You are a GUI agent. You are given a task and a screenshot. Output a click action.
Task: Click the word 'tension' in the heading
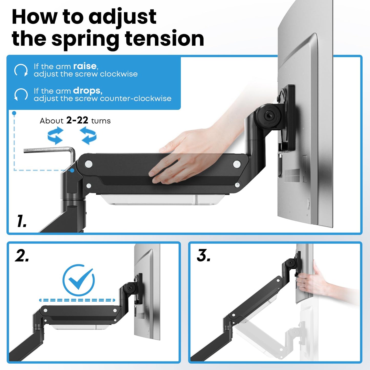164,39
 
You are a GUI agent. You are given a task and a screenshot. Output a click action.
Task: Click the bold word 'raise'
85,66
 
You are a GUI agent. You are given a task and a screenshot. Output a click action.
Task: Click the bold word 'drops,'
88,91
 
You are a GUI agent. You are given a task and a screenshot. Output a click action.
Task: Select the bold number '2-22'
77,120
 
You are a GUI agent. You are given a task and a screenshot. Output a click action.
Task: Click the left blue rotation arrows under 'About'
55,136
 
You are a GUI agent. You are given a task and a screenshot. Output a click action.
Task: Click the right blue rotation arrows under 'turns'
88,136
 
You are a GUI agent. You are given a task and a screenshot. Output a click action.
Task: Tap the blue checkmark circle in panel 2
79,280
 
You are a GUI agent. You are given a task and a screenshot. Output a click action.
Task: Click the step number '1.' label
22,221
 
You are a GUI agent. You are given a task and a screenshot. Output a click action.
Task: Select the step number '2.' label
22,256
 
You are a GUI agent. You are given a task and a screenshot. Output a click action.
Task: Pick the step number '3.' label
204,256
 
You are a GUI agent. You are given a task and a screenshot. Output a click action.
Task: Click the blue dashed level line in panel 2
77,300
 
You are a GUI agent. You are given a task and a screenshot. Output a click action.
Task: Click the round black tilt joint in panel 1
268,116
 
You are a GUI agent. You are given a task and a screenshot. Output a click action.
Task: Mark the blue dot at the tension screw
72,170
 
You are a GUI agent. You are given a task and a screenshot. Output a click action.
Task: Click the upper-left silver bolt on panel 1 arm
89,164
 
